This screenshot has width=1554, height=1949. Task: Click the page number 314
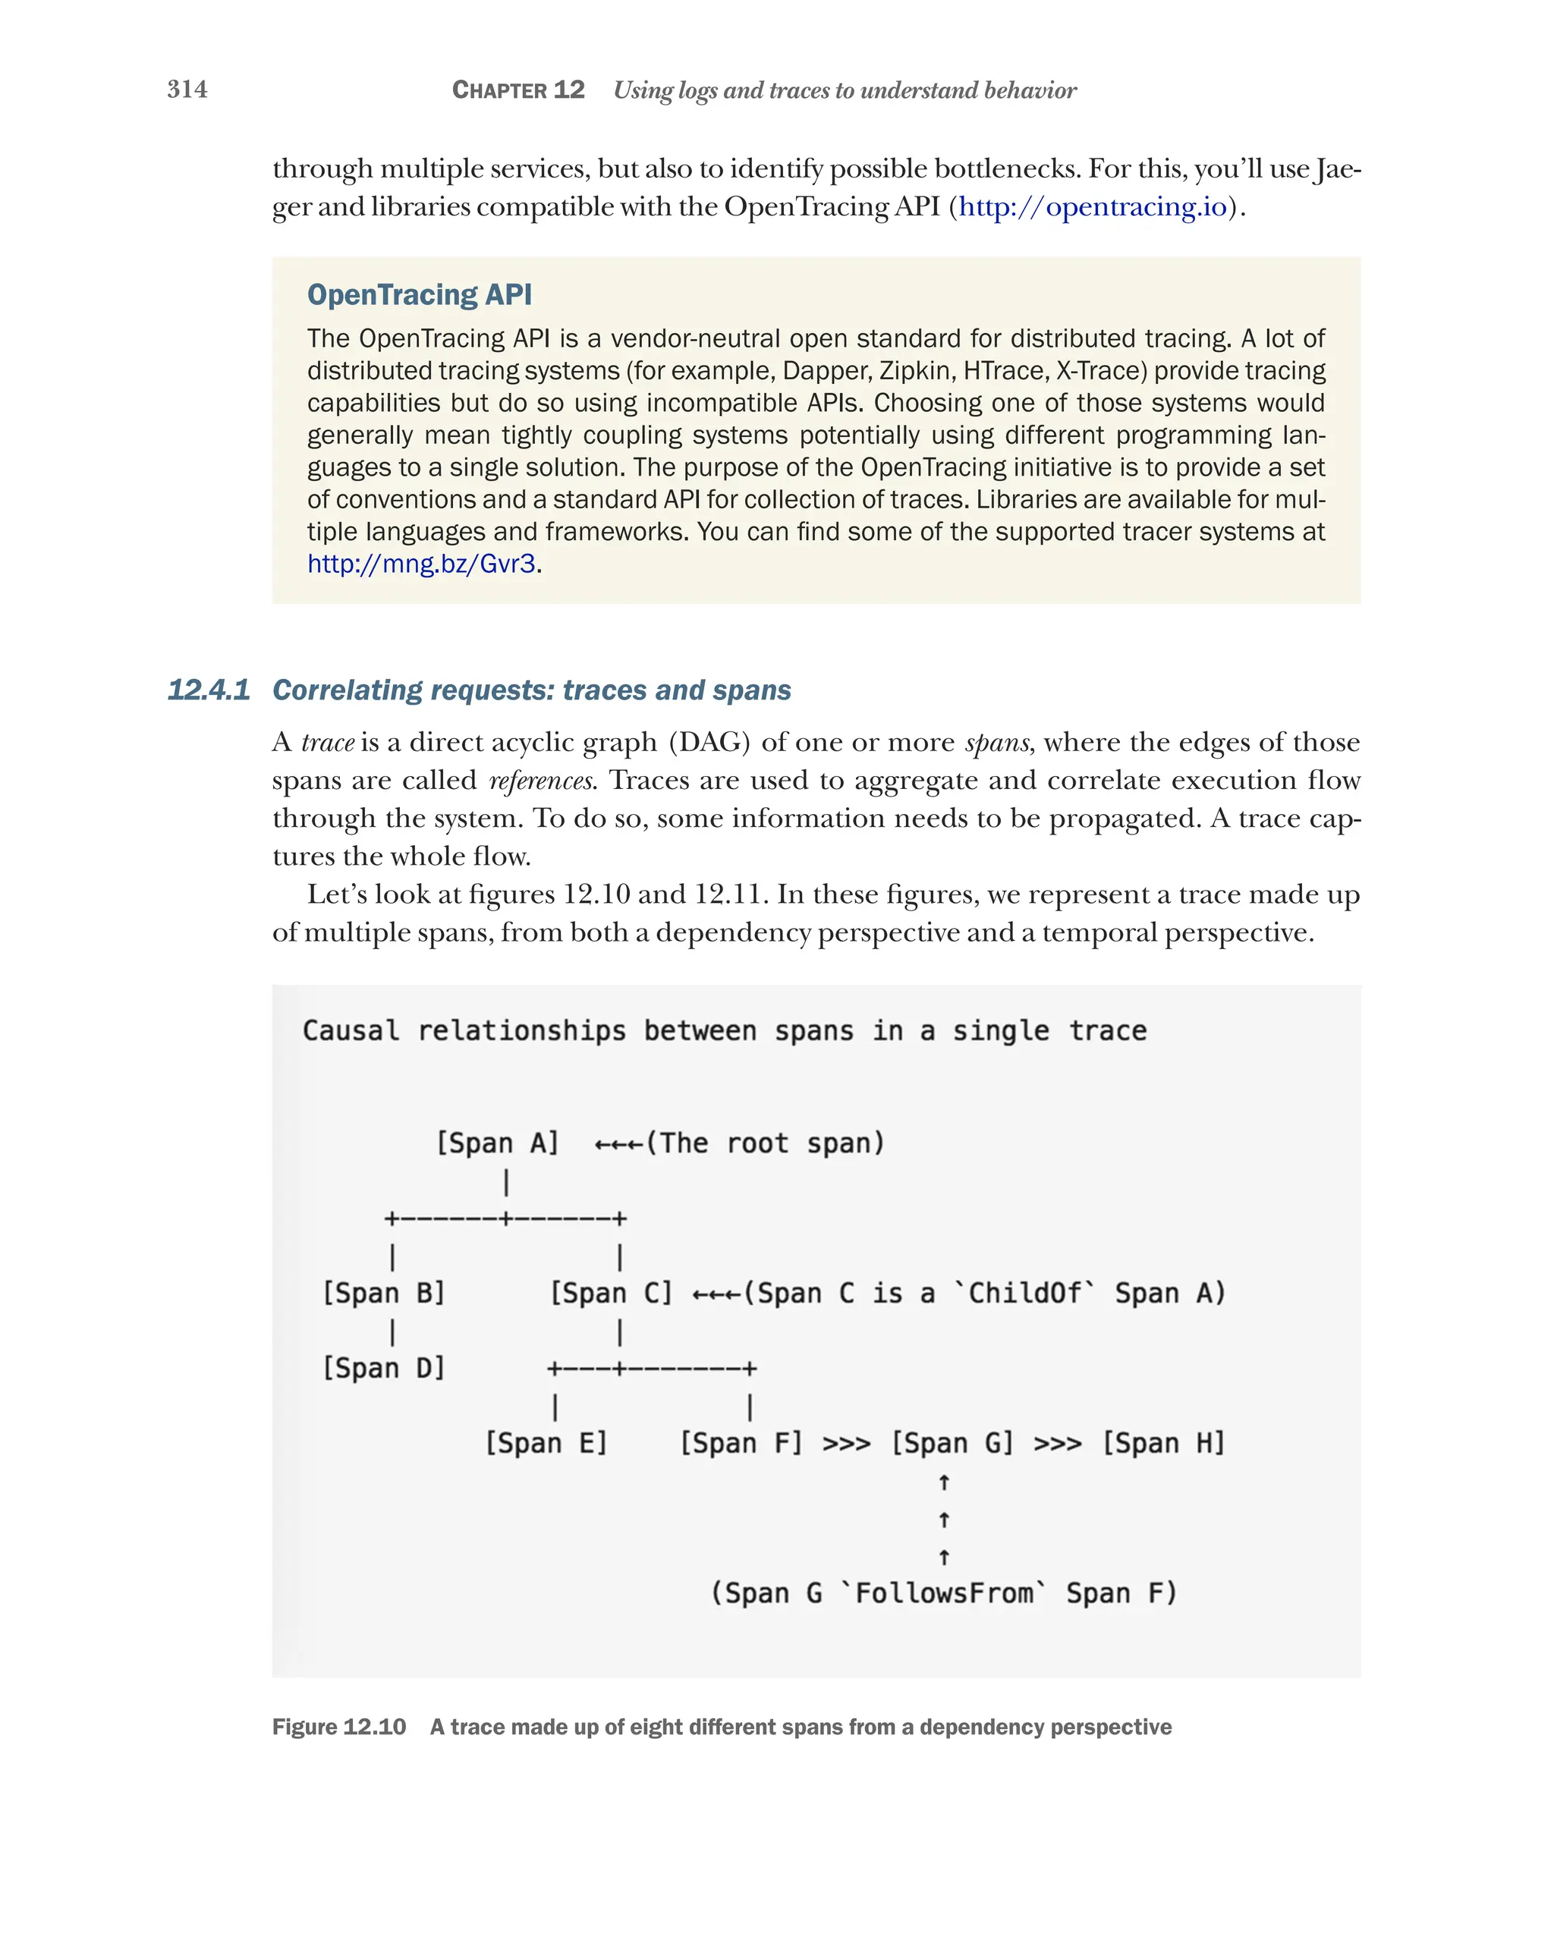coord(187,90)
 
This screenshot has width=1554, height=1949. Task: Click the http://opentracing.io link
coord(1092,207)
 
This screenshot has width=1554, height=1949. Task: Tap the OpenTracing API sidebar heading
coord(419,294)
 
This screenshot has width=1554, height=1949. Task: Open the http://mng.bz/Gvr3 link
coord(421,564)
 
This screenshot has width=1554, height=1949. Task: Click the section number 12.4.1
coord(209,690)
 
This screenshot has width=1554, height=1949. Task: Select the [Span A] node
coord(496,1143)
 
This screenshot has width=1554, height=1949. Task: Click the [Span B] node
coord(383,1293)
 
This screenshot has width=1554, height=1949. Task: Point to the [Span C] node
coord(611,1293)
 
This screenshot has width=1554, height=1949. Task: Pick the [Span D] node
coord(383,1368)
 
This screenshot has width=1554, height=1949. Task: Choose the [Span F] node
coord(741,1443)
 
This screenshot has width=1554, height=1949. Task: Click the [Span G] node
coord(952,1443)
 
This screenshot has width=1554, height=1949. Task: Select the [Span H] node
coord(1162,1443)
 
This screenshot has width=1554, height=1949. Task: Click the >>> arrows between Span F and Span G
coord(846,1444)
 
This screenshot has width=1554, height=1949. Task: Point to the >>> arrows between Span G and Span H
coord(1057,1444)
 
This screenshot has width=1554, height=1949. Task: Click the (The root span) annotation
coord(765,1143)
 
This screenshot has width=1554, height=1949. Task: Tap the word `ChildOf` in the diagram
coord(1024,1293)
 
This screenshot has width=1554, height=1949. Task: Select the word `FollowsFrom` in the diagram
coord(943,1593)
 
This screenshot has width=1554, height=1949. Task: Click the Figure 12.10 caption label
coord(339,1727)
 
